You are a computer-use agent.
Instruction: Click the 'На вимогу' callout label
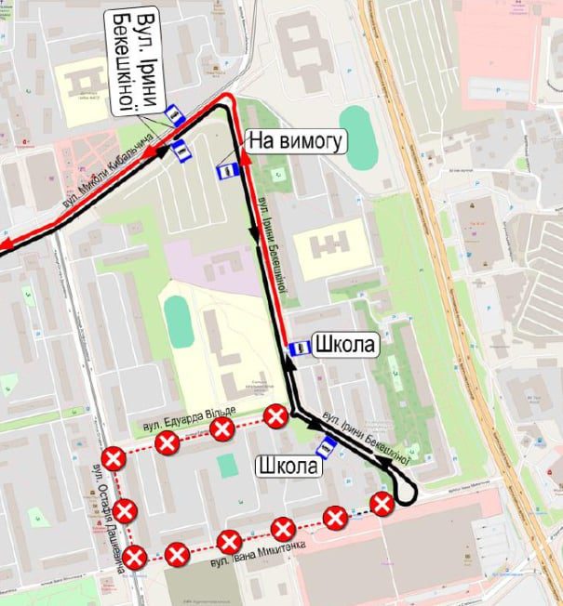pos(295,141)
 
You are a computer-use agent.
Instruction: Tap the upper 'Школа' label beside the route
pos(346,345)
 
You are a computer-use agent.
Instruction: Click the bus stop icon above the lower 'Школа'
pos(328,448)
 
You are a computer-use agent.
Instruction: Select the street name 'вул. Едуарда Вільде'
pos(191,417)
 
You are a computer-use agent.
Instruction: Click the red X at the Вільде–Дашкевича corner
pos(114,458)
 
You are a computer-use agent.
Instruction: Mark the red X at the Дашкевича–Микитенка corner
pos(135,558)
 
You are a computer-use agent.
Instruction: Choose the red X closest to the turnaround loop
pos(382,504)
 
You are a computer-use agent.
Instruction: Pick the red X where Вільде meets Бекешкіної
pos(275,415)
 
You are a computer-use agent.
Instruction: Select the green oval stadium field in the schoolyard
pos(179,319)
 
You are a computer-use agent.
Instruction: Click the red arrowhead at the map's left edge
pos(4,244)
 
